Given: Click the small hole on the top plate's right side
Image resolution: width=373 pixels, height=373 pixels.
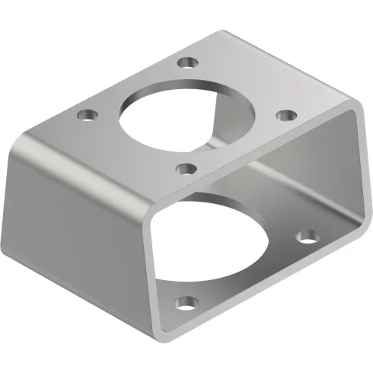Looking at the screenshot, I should [x=285, y=114].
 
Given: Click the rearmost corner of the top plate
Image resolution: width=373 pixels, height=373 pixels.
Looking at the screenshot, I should [x=223, y=30].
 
